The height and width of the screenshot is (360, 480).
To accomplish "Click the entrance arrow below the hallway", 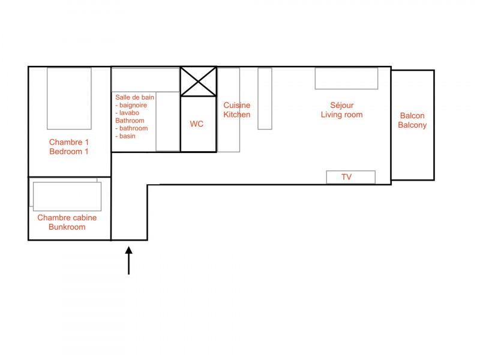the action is (129, 260).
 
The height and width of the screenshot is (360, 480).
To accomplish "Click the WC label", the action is (197, 124).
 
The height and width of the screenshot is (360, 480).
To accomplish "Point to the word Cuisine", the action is (236, 106).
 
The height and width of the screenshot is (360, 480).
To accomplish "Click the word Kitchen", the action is (236, 115).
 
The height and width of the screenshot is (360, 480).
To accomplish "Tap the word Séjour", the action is (341, 106).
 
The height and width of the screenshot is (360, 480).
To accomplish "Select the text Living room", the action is (341, 115).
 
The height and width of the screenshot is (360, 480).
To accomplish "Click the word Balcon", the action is (412, 116).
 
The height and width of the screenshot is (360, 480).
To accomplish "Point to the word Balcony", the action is (412, 125).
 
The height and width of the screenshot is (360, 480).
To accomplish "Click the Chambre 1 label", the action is (69, 142).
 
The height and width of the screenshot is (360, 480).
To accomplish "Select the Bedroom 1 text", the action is (69, 152).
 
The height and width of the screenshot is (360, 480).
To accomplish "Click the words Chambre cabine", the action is (67, 218).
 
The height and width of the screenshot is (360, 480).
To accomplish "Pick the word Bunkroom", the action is (67, 227).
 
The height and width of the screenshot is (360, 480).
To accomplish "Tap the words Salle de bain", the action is (134, 97).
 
